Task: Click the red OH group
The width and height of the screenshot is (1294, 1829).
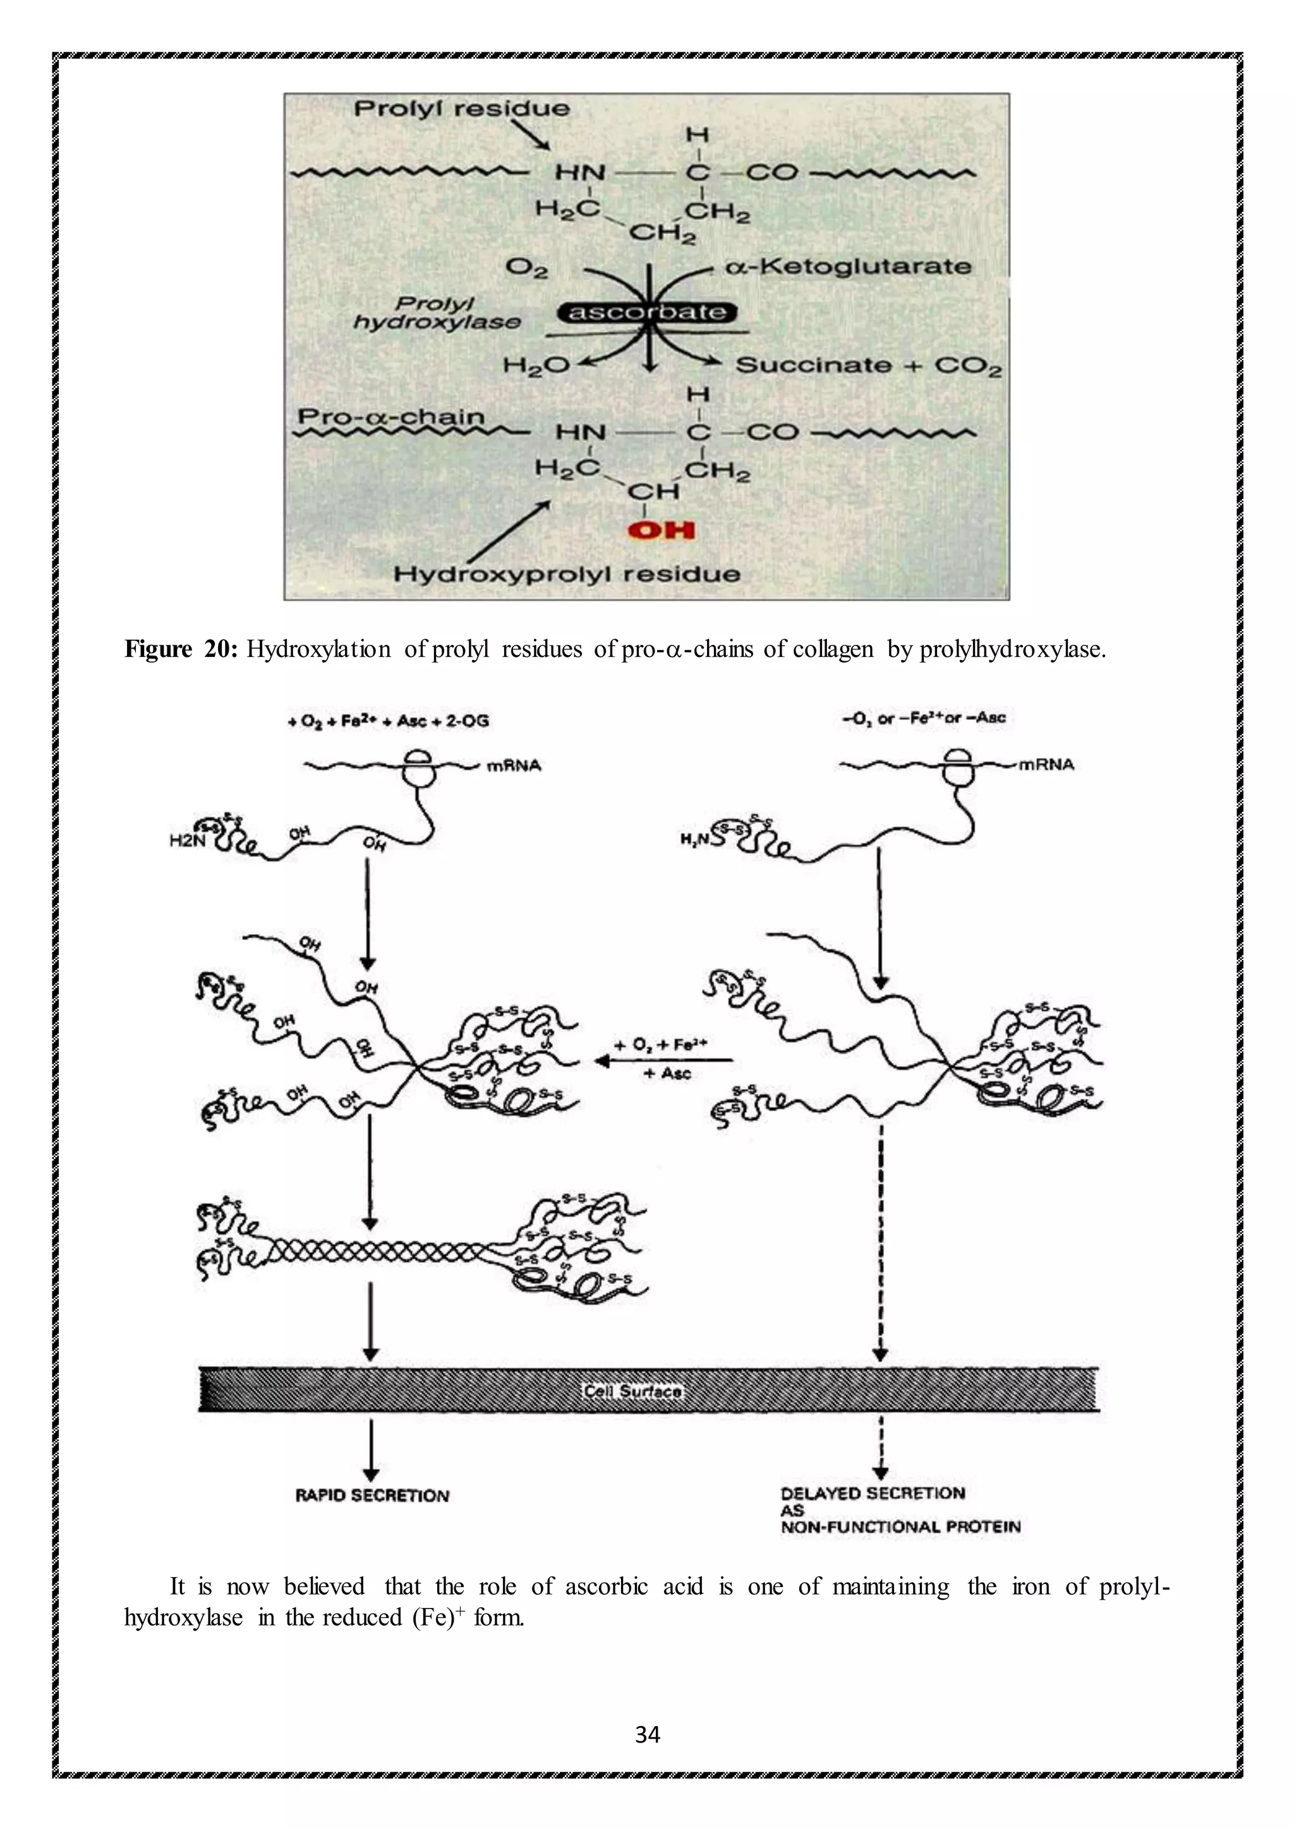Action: [660, 530]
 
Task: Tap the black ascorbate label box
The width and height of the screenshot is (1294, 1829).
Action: [647, 312]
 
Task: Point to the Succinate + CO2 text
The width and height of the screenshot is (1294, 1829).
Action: [868, 366]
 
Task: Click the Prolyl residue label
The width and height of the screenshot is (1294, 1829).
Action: [461, 109]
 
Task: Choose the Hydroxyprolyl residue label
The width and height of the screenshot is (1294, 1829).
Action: [567, 573]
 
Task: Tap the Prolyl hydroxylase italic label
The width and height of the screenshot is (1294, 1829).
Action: [436, 313]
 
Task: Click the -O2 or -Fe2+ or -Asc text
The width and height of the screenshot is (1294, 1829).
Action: [924, 717]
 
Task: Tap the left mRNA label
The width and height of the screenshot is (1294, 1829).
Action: [514, 765]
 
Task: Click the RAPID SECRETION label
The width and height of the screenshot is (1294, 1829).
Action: [372, 1496]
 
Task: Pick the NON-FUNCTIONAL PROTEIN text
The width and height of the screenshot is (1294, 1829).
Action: [900, 1526]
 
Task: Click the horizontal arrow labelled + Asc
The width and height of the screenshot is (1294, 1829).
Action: [663, 1060]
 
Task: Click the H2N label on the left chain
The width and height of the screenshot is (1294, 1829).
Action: [183, 841]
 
